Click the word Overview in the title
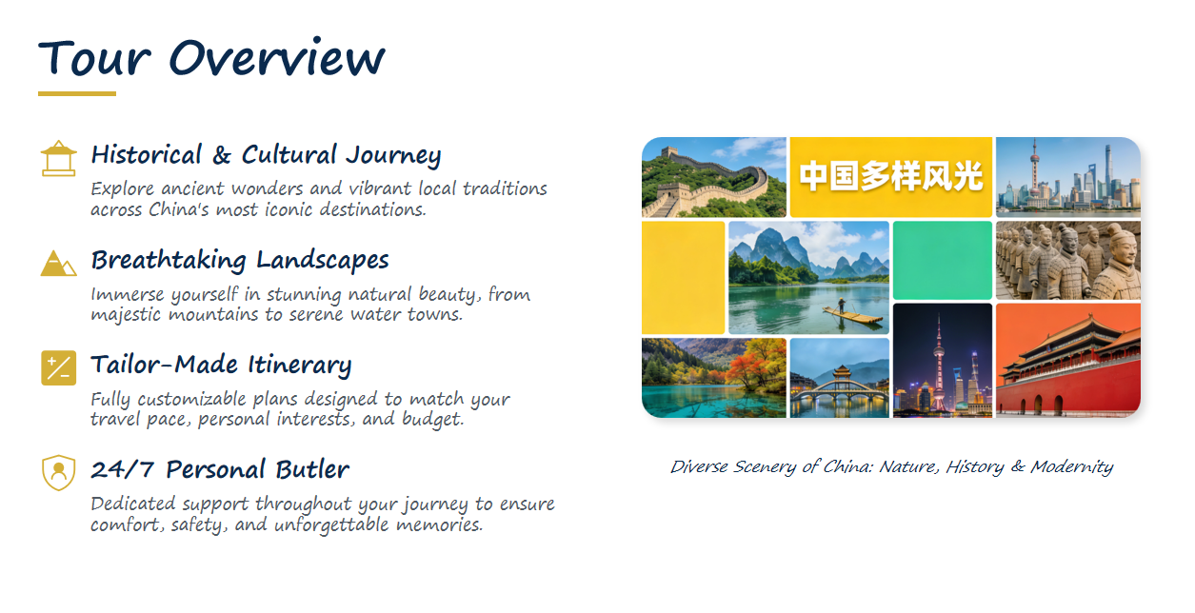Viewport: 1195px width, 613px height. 277,58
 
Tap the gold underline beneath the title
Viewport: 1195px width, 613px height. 77,94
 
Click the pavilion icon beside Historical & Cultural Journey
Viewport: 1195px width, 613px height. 59,158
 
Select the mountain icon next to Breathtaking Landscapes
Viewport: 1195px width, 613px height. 59,263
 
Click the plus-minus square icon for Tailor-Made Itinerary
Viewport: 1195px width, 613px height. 59,367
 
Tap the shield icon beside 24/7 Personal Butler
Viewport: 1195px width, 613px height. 59,473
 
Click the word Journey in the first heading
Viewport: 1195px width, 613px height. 393,156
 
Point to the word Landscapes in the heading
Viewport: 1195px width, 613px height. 322,261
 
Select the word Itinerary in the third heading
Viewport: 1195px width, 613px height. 299,366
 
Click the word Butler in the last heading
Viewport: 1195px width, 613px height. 312,470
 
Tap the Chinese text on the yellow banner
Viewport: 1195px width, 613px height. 891,176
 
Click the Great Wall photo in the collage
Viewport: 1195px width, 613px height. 714,177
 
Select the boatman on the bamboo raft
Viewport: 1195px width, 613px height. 842,306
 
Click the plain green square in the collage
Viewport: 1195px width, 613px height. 943,261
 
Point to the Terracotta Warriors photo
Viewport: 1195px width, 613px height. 1068,261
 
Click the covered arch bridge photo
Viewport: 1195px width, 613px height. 840,378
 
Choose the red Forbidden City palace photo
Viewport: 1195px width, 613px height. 1068,361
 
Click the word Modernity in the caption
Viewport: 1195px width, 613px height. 1072,467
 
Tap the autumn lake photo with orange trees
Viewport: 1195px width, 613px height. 714,378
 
